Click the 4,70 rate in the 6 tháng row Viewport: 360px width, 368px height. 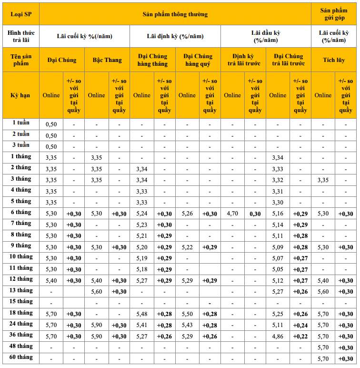pyautogui.click(x=232, y=214)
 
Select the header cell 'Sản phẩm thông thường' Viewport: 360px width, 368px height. pyautogui.click(x=175, y=14)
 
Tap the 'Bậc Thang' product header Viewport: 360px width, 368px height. pyautogui.click(x=107, y=60)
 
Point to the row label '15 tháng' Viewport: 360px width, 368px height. pyautogui.click(x=21, y=301)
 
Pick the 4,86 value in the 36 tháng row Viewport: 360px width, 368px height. pyautogui.click(x=278, y=336)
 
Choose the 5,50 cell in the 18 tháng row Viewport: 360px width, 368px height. pyautogui.click(x=187, y=314)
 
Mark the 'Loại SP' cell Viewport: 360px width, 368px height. pyautogui.click(x=21, y=14)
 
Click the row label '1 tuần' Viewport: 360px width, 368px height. pyautogui.click(x=21, y=123)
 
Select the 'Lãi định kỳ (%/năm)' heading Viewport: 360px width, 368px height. pyautogui.click(x=175, y=36)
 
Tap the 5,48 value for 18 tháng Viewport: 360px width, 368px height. pyautogui.click(x=141, y=314)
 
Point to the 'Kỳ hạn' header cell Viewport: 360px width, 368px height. pyautogui.click(x=21, y=95)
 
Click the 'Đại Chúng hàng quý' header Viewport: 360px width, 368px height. pyautogui.click(x=198, y=60)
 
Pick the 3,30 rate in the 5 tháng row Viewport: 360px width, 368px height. pyautogui.click(x=278, y=202)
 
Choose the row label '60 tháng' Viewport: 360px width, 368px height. pyautogui.click(x=21, y=358)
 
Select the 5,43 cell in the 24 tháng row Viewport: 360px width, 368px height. pyautogui.click(x=187, y=325)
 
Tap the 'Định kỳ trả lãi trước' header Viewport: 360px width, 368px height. pyautogui.click(x=243, y=60)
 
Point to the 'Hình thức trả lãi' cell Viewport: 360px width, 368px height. pyautogui.click(x=21, y=36)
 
